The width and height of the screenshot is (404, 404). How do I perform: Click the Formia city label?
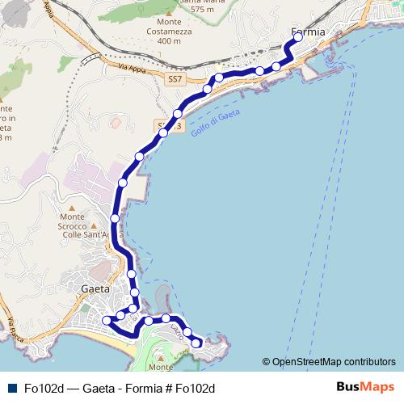coord(308,32)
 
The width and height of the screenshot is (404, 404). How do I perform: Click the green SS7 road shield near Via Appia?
coord(177,80)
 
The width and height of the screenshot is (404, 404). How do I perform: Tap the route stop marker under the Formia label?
coord(298,37)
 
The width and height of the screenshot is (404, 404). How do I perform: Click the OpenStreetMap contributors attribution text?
coord(334,361)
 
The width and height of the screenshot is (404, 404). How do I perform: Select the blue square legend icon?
coord(11,388)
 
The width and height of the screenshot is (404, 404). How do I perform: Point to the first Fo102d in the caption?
coord(44,388)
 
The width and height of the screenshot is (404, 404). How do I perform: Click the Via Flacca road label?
coord(12,328)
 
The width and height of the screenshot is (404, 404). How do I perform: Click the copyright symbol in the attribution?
coord(266,362)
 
